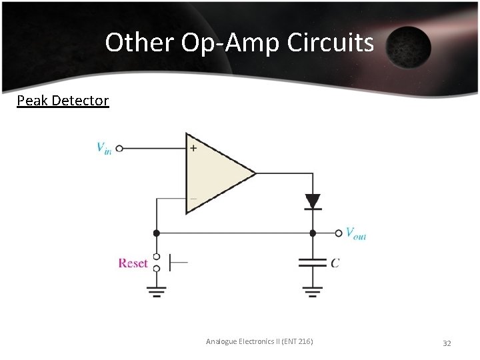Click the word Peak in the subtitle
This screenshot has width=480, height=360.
[x=31, y=101]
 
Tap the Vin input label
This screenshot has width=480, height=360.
[x=104, y=148]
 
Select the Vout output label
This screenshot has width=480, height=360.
[x=355, y=233]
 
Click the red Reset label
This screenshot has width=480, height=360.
[x=133, y=263]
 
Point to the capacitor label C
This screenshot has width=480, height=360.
[x=335, y=263]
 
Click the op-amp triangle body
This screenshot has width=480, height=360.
[x=213, y=173]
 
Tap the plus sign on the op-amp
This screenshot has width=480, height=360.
[x=193, y=148]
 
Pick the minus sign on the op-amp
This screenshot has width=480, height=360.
[x=193, y=198]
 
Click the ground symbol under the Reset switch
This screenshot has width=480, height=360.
[x=156, y=291]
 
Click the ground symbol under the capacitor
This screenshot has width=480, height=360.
[x=312, y=291]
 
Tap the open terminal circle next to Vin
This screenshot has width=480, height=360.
[x=119, y=149]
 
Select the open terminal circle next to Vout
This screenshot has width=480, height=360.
[x=339, y=233]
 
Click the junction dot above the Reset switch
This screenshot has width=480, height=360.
[x=156, y=233]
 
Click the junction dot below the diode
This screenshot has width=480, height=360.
[x=312, y=233]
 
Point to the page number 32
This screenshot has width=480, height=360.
[x=447, y=343]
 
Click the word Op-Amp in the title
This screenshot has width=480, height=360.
[x=231, y=43]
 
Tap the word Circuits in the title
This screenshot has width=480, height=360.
[x=331, y=43]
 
